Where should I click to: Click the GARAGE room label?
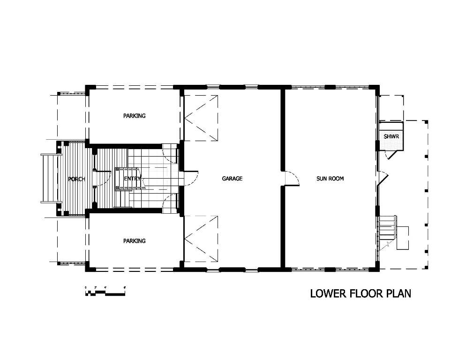[232, 179]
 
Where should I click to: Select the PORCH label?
[76, 179]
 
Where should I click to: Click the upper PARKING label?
[134, 116]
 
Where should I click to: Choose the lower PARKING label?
[134, 241]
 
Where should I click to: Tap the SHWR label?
[391, 136]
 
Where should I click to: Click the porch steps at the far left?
[49, 179]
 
